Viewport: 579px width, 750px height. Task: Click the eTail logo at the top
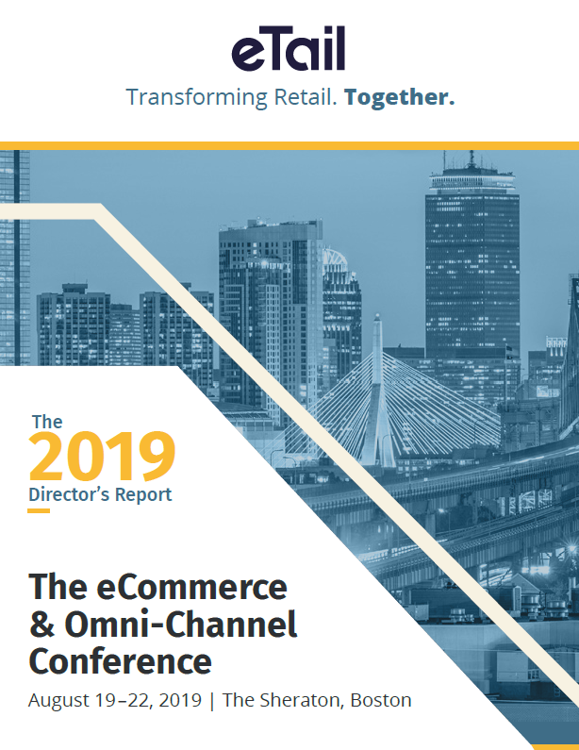289,48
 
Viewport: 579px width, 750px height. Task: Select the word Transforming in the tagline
197,97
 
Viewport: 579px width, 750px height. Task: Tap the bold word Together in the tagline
399,97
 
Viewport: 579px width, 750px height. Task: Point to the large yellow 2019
102,457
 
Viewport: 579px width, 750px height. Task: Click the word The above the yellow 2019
47,422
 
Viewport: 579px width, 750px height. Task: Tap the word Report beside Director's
143,494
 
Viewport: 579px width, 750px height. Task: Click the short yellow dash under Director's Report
39,510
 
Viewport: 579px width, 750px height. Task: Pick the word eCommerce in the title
191,587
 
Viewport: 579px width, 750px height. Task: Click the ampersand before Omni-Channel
42,625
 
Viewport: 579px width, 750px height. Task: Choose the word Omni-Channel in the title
181,624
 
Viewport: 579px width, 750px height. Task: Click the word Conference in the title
120,661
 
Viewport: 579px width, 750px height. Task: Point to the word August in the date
58,701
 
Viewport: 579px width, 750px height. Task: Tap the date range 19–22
124,700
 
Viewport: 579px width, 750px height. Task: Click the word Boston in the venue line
381,700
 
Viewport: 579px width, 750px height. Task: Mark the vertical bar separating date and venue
212,701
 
